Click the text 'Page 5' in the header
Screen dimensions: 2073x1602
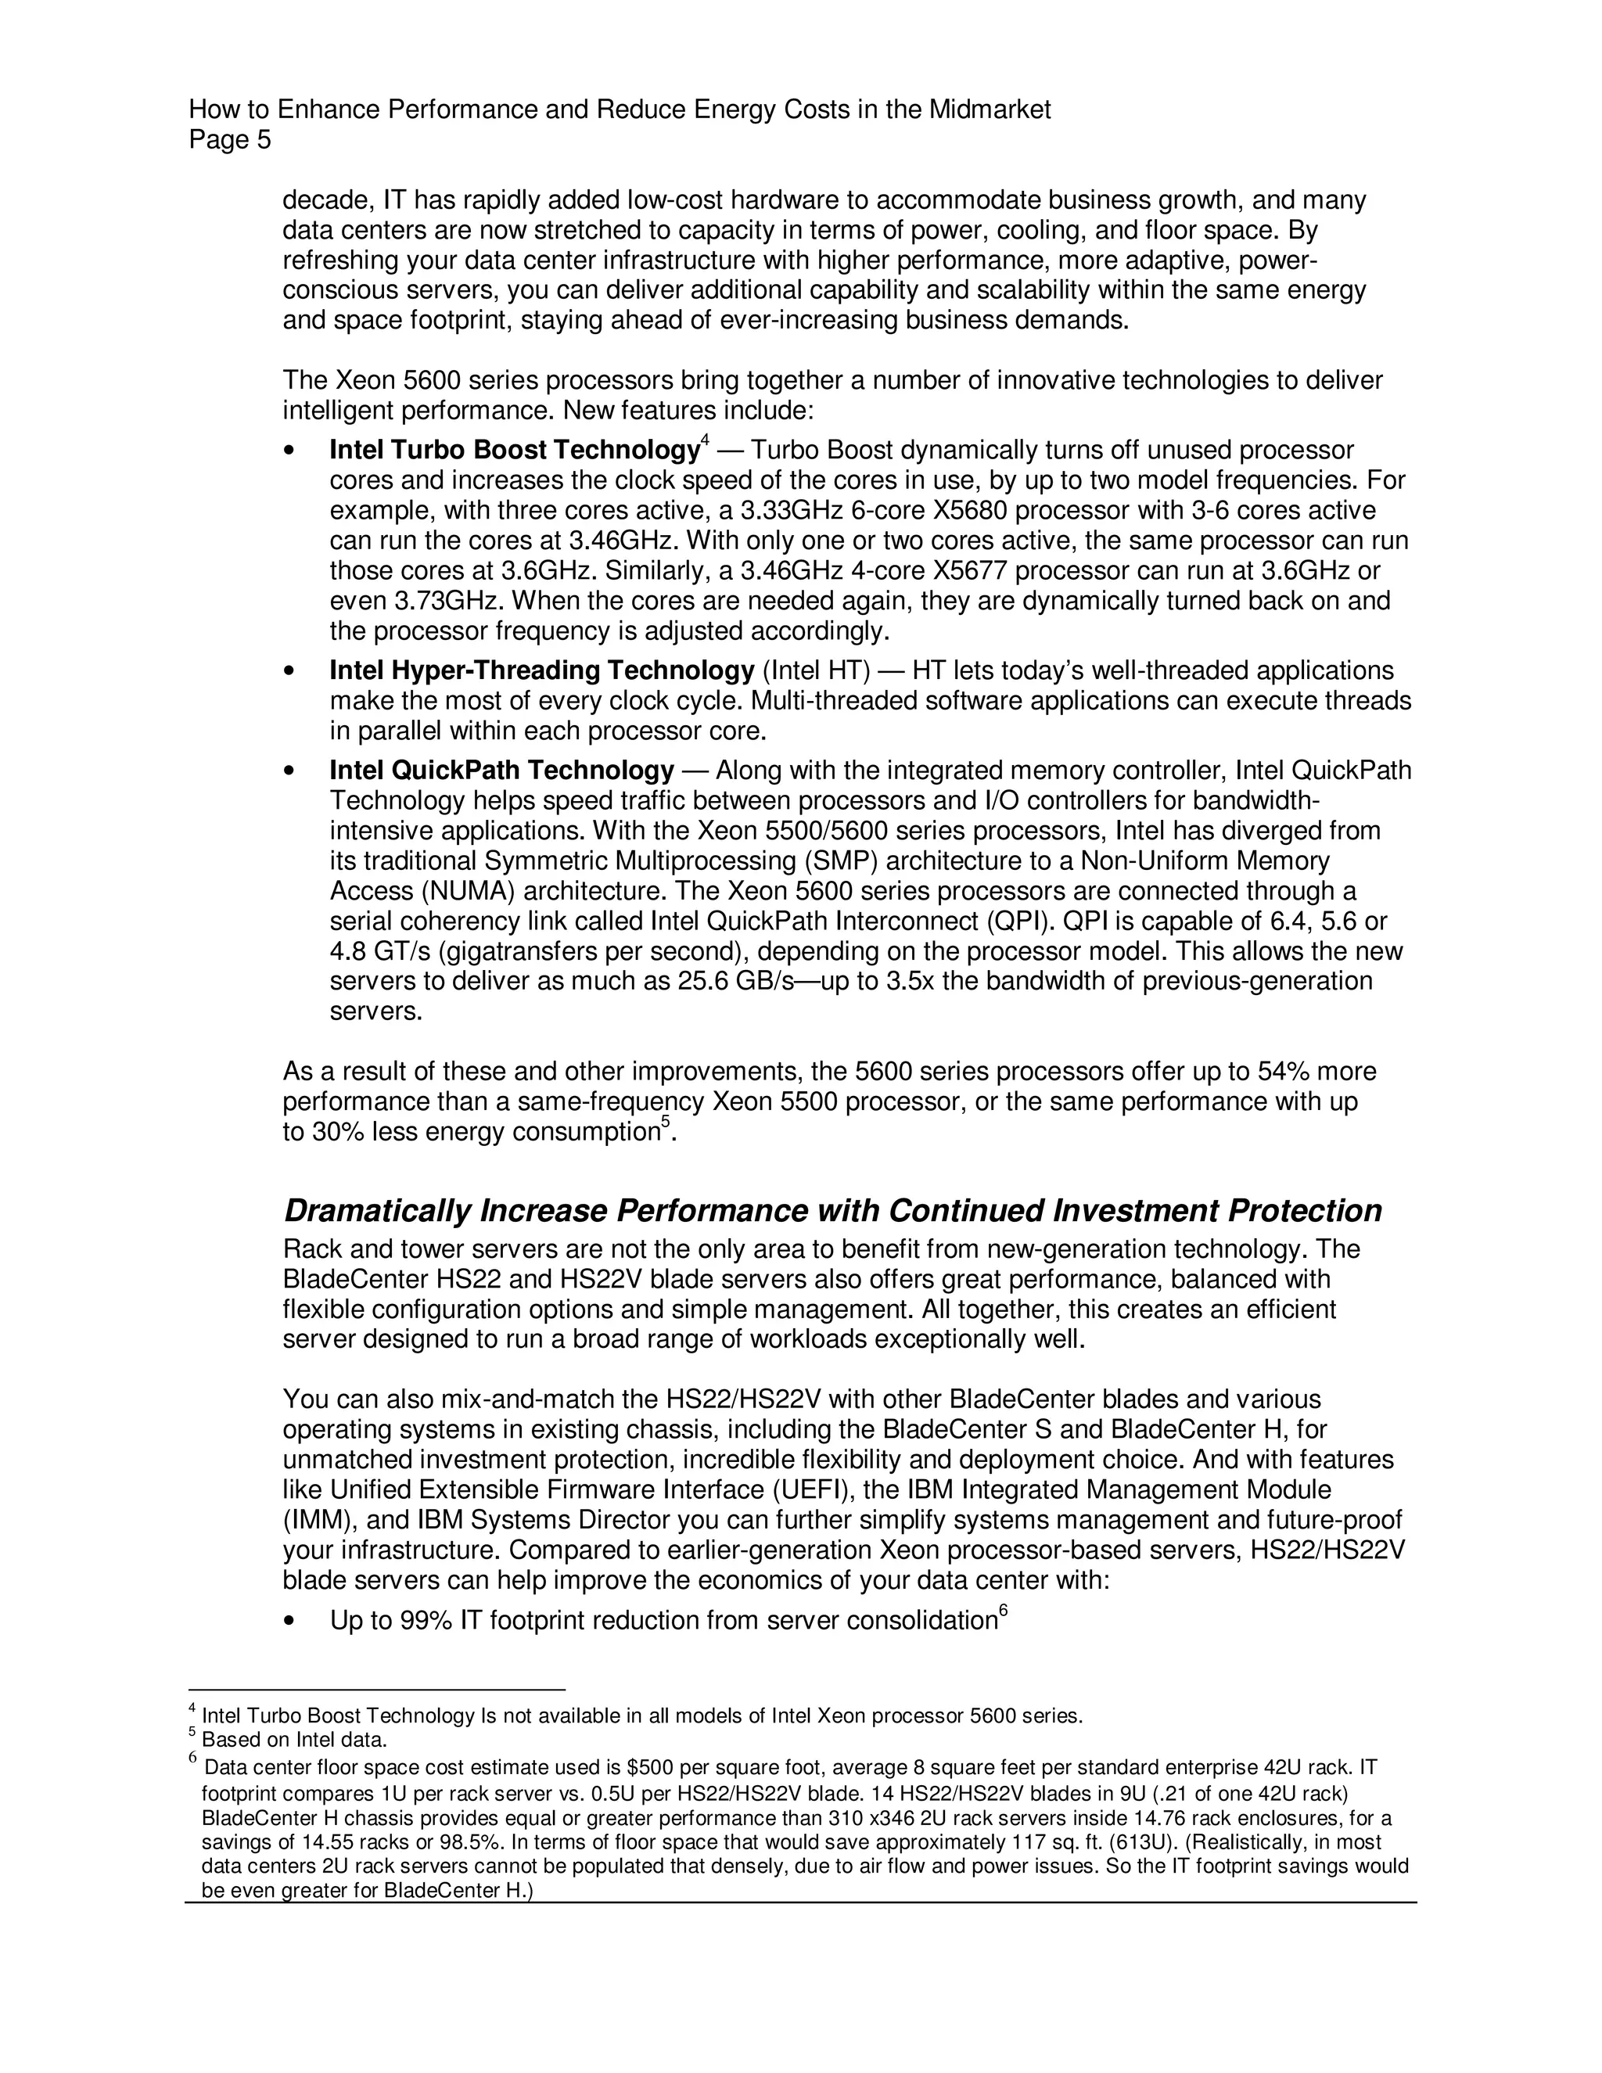coord(230,141)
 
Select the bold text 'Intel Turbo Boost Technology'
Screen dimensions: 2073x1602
coord(513,450)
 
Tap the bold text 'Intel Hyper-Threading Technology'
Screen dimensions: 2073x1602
coord(541,671)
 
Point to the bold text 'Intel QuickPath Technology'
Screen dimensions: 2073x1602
coord(501,770)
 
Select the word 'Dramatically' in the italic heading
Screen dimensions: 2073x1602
coord(378,1211)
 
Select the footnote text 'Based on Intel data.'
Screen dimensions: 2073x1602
coord(294,1741)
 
